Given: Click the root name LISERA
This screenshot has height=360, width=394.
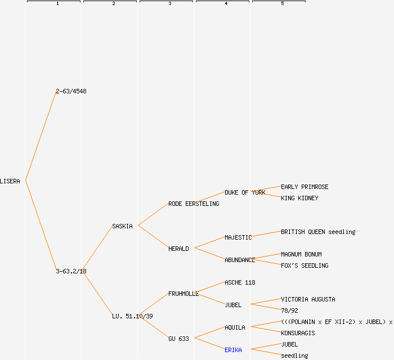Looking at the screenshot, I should tap(10, 181).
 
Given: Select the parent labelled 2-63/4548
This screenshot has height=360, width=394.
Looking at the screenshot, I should tap(71, 91).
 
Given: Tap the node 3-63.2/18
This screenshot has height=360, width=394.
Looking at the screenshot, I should tap(71, 271).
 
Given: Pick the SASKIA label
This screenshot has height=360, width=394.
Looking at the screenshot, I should tap(122, 226).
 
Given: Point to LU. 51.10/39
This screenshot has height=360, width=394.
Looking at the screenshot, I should tap(132, 316).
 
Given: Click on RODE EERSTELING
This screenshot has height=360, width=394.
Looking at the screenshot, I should tap(194, 204).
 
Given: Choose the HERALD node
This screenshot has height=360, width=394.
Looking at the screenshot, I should tap(178, 249).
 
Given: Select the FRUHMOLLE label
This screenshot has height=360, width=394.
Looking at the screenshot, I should tap(183, 294).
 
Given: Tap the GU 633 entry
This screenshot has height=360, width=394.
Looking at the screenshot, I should tap(178, 339).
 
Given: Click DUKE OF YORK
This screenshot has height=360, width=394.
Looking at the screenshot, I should tap(245, 192).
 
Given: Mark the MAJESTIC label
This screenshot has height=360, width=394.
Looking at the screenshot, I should tap(238, 237).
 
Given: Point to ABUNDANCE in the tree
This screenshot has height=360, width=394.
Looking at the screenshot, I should tap(240, 260).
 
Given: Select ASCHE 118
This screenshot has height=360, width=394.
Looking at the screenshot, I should tap(240, 282).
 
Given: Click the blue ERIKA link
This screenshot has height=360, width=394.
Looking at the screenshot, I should tap(233, 350).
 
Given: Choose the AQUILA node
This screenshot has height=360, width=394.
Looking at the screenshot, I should tap(235, 327).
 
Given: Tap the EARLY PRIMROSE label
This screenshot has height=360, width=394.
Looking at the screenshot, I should tap(305, 187).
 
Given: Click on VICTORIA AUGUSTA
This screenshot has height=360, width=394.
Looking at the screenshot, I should tap(308, 299).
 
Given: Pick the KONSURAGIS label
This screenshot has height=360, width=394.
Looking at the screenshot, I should tap(298, 333).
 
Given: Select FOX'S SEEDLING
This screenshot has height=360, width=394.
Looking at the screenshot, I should tap(305, 265).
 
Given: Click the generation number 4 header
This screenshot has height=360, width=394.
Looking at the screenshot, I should tap(226, 4).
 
